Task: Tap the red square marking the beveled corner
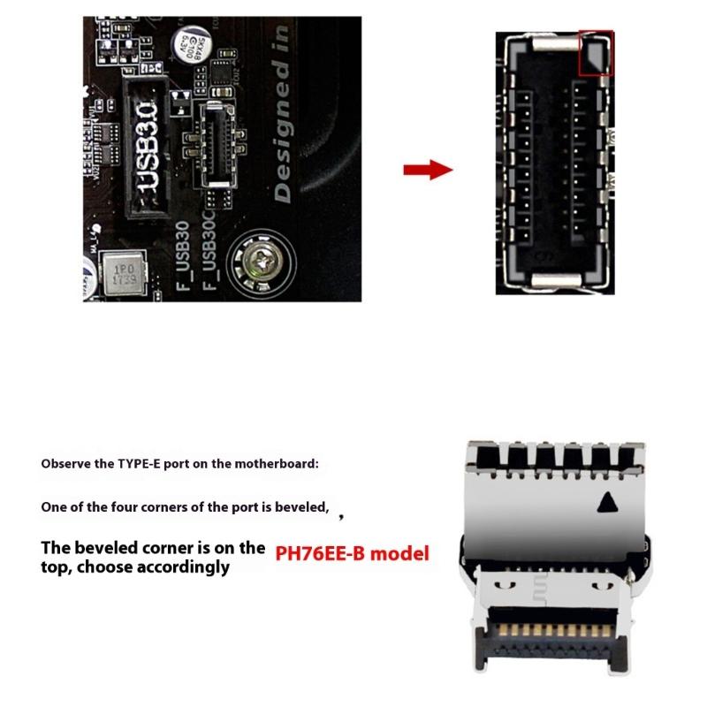595,53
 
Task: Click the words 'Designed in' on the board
282,116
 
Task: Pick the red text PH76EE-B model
352,554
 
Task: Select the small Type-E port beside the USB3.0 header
217,143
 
